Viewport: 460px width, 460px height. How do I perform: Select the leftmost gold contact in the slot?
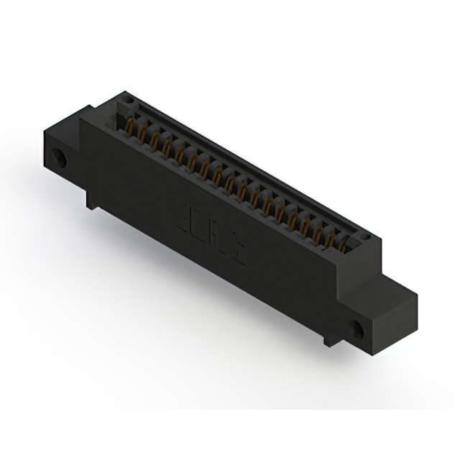(131, 130)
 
